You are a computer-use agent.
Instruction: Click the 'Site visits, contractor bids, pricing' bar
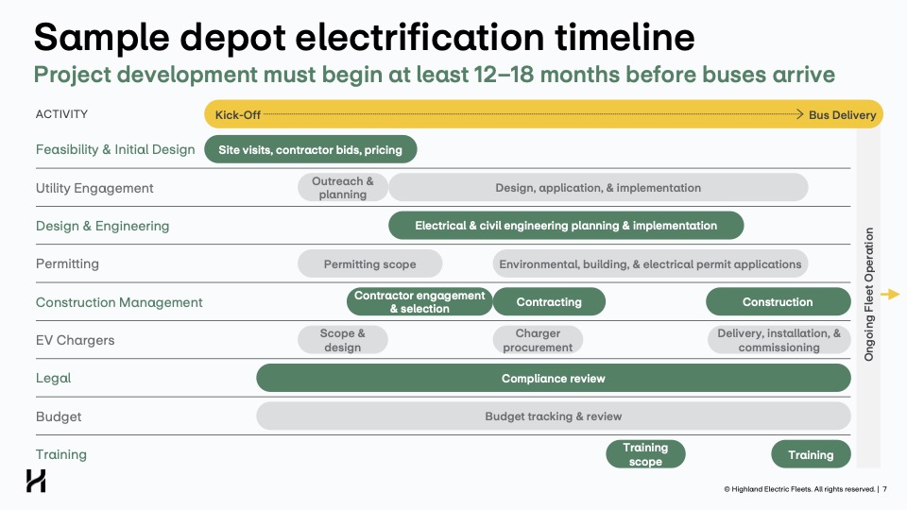(311, 149)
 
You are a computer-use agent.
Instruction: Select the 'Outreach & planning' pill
(343, 187)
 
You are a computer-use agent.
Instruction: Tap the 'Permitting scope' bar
(370, 263)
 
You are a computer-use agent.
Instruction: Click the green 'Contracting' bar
(549, 301)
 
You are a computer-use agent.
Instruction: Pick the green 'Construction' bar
(778, 301)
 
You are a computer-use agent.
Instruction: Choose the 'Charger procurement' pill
(538, 340)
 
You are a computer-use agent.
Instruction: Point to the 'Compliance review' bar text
(553, 378)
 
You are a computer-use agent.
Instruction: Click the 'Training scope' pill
(645, 454)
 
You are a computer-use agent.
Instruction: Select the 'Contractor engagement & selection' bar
(419, 301)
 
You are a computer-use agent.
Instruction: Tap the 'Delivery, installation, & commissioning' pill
(779, 340)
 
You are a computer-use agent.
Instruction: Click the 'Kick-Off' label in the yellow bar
(238, 114)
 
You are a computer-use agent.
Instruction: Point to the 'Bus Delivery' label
(842, 114)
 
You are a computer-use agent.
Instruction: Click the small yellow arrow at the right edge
(890, 295)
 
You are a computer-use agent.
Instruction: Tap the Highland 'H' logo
(36, 481)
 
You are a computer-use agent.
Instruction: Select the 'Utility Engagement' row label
(94, 188)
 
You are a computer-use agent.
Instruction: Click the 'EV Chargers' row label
(76, 340)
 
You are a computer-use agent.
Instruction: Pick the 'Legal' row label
(53, 378)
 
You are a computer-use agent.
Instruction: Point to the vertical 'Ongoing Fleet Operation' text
(869, 295)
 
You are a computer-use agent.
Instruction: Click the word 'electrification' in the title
(419, 37)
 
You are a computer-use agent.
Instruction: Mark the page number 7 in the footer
(884, 489)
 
